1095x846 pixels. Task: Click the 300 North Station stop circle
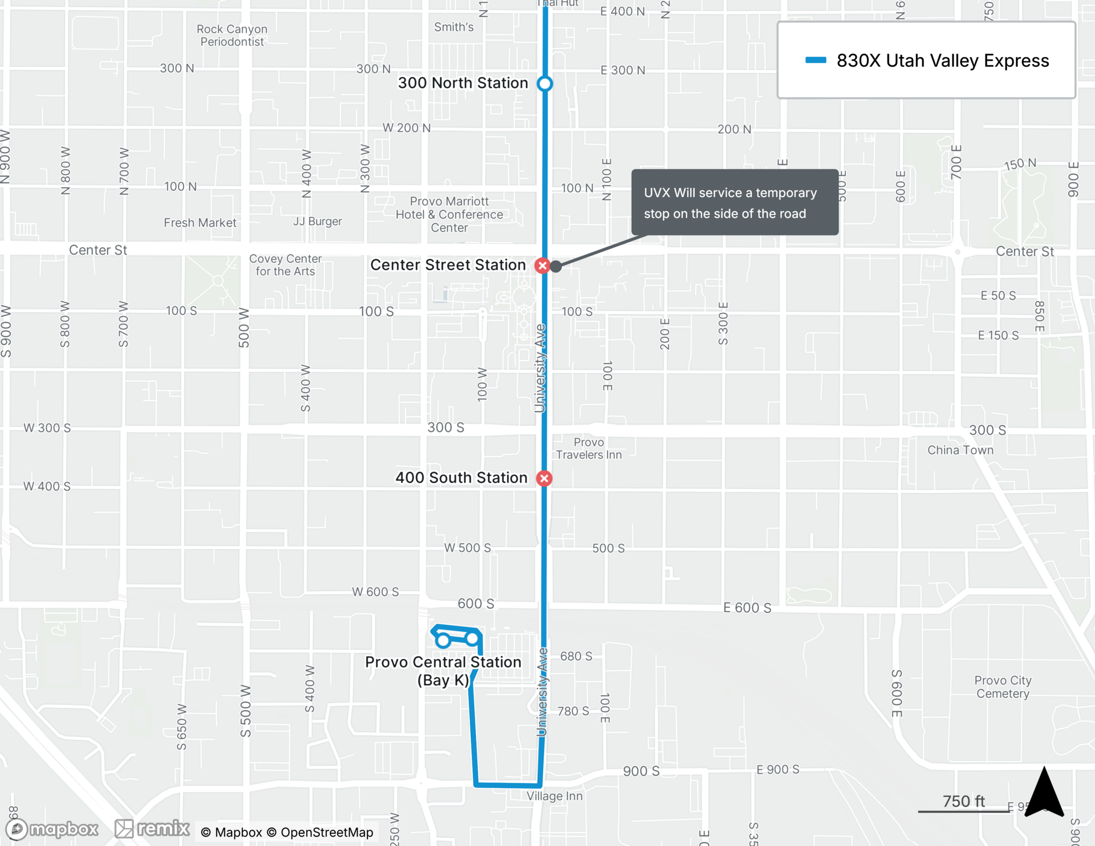[x=544, y=83]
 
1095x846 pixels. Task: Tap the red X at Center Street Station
[x=542, y=266]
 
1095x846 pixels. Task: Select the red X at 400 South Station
[x=544, y=479]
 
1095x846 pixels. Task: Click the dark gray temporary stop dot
[x=556, y=267]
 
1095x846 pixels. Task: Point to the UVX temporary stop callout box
[x=734, y=203]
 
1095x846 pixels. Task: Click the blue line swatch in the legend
[x=815, y=60]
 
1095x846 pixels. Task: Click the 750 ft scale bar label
[x=964, y=801]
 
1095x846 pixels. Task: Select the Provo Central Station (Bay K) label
[x=443, y=671]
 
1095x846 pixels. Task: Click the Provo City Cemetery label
[x=1002, y=687]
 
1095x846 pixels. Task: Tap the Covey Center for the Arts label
[x=285, y=265]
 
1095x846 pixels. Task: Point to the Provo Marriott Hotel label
[x=449, y=214]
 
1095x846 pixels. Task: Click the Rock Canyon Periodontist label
[x=232, y=35]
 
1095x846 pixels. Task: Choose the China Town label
[x=960, y=450]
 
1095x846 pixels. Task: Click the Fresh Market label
[x=200, y=223]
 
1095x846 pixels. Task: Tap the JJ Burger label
[x=317, y=221]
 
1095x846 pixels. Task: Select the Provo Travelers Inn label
[x=589, y=448]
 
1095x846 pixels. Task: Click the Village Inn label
[x=555, y=796]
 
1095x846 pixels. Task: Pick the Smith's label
[x=453, y=27]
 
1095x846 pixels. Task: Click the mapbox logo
[x=52, y=829]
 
